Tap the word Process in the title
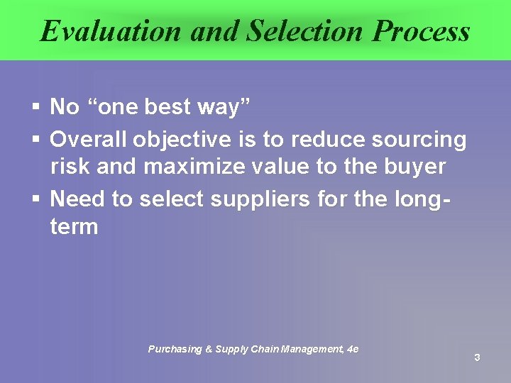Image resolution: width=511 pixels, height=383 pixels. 421,31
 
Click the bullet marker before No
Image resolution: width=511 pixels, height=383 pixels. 36,108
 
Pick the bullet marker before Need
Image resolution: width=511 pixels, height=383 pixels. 36,200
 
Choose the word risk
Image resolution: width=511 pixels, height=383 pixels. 70,167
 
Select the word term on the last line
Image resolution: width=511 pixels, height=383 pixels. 74,227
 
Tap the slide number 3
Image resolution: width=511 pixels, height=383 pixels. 477,357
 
